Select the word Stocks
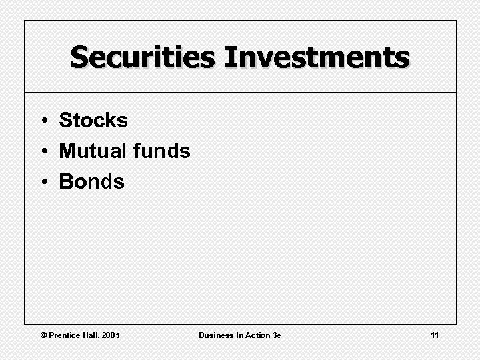(93, 121)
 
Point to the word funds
(161, 151)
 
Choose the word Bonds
(92, 181)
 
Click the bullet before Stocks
(42, 121)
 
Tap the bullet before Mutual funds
(42, 152)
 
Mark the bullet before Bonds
(42, 182)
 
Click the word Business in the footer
(215, 335)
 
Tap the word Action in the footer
(257, 335)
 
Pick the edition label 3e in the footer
(277, 335)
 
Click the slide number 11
(435, 335)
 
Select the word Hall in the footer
(96, 335)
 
